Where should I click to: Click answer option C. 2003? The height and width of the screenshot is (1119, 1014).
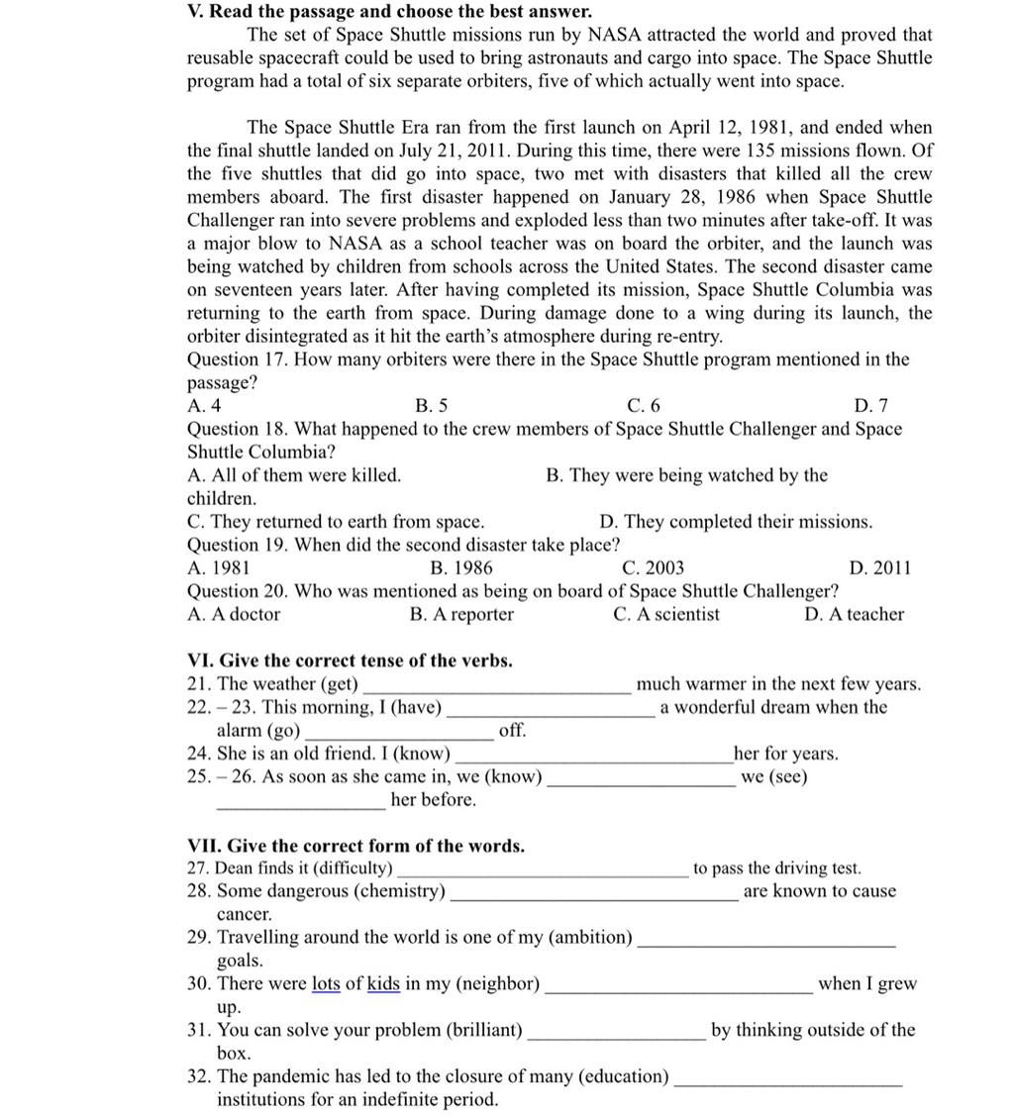pos(653,568)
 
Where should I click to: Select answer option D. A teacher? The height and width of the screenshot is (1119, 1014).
pos(854,614)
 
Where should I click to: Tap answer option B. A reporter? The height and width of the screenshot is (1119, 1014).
pos(461,614)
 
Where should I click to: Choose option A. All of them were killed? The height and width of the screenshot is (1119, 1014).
pos(294,475)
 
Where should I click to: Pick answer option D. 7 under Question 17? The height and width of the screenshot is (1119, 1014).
pos(870,406)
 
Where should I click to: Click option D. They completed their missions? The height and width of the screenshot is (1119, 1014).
pos(736,522)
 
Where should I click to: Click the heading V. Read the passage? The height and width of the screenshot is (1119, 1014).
pos(389,12)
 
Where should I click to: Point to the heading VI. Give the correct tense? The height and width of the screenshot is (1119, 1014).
pos(350,661)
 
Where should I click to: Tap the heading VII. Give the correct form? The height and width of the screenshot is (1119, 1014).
pos(355,846)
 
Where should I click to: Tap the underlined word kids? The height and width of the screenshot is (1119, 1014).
pos(383,984)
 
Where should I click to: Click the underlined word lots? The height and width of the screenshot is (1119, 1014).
pos(326,984)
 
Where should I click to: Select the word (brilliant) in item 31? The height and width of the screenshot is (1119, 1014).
pos(485,1030)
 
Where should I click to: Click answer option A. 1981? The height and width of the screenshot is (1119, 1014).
pos(218,568)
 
